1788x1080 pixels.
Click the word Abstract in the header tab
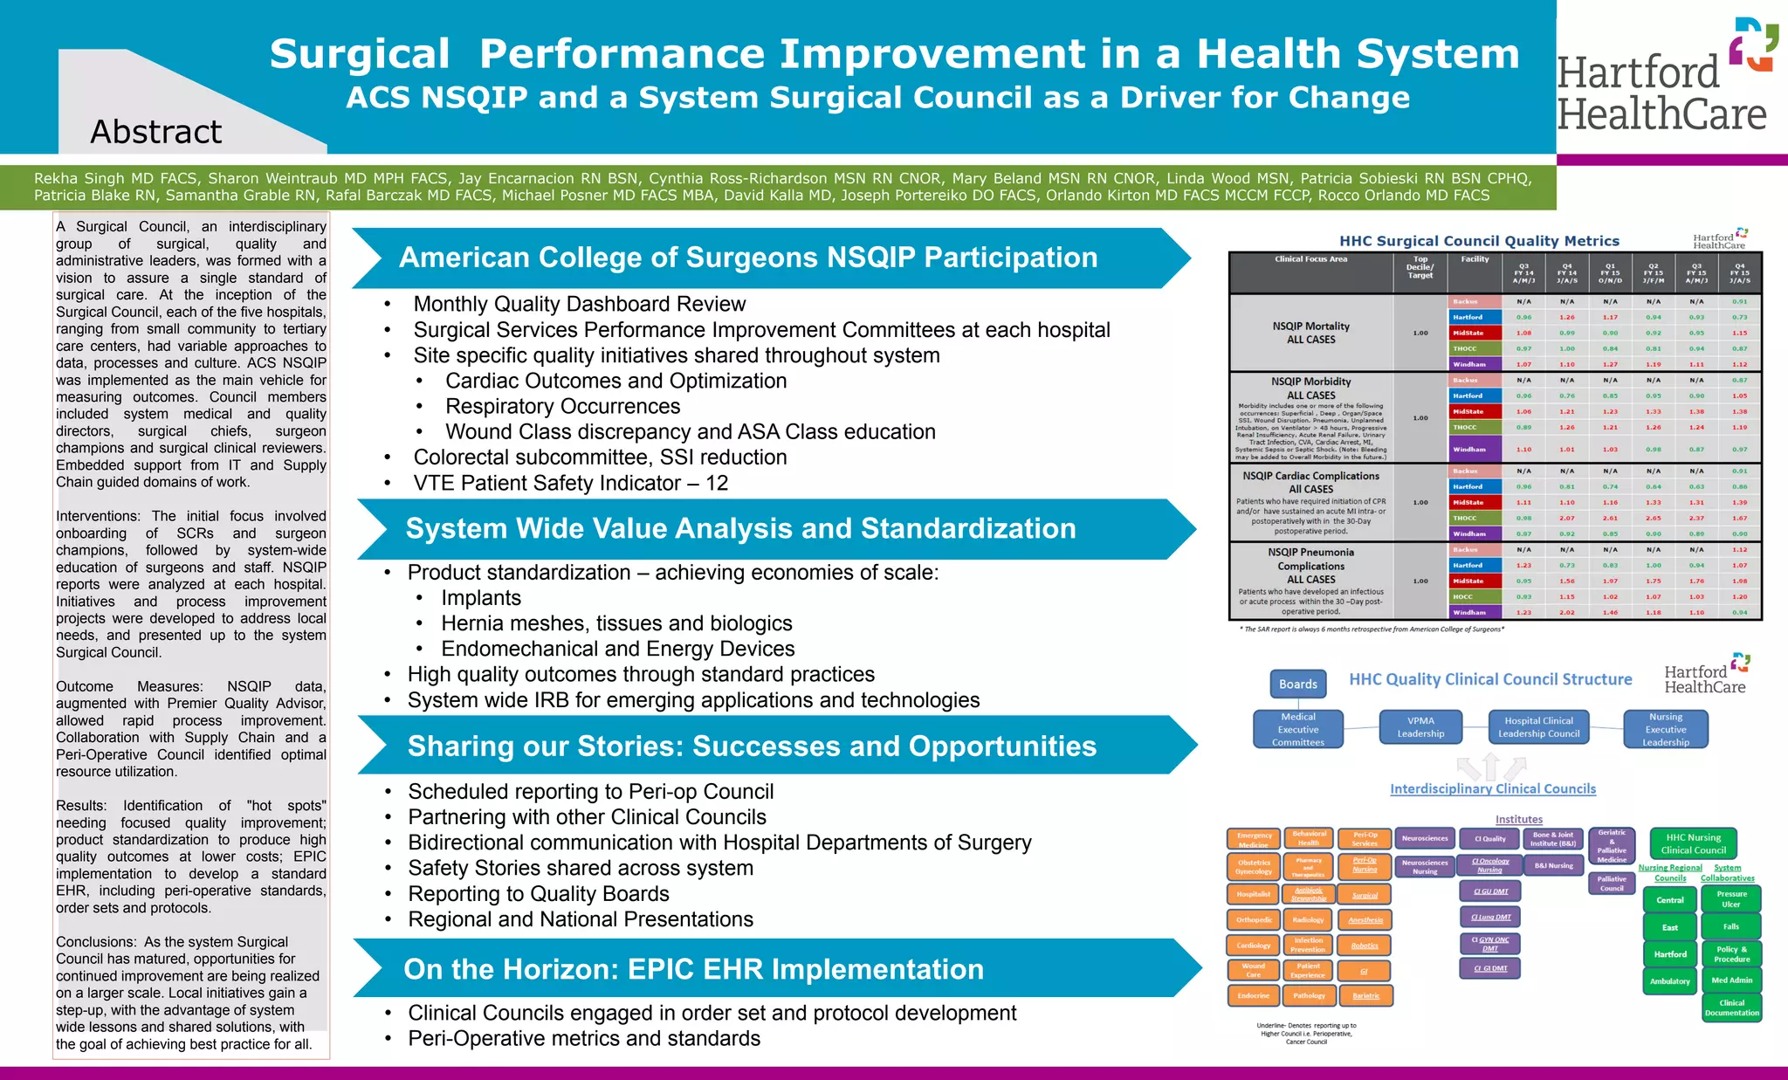tap(156, 132)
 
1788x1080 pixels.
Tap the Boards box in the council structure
tap(1298, 684)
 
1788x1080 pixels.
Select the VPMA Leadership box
tap(1420, 727)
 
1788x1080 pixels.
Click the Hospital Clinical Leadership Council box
tap(1538, 727)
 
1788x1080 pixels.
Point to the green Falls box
tap(1731, 926)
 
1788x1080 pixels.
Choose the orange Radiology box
tap(1308, 919)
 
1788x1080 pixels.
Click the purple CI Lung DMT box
tap(1490, 917)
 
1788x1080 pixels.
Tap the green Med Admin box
tap(1731, 980)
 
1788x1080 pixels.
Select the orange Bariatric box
tap(1365, 995)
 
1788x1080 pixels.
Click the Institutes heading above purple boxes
tap(1518, 819)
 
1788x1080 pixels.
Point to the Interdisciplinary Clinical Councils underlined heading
tap(1492, 788)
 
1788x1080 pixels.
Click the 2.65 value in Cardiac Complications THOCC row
tap(1654, 518)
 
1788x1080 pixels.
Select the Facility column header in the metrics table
tap(1475, 259)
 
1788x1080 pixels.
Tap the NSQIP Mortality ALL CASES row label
tap(1310, 333)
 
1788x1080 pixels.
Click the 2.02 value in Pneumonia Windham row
tap(1567, 612)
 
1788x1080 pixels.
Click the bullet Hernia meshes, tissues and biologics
tap(616, 623)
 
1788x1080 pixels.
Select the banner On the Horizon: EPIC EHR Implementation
tap(693, 969)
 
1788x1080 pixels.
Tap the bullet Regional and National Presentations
tap(581, 919)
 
